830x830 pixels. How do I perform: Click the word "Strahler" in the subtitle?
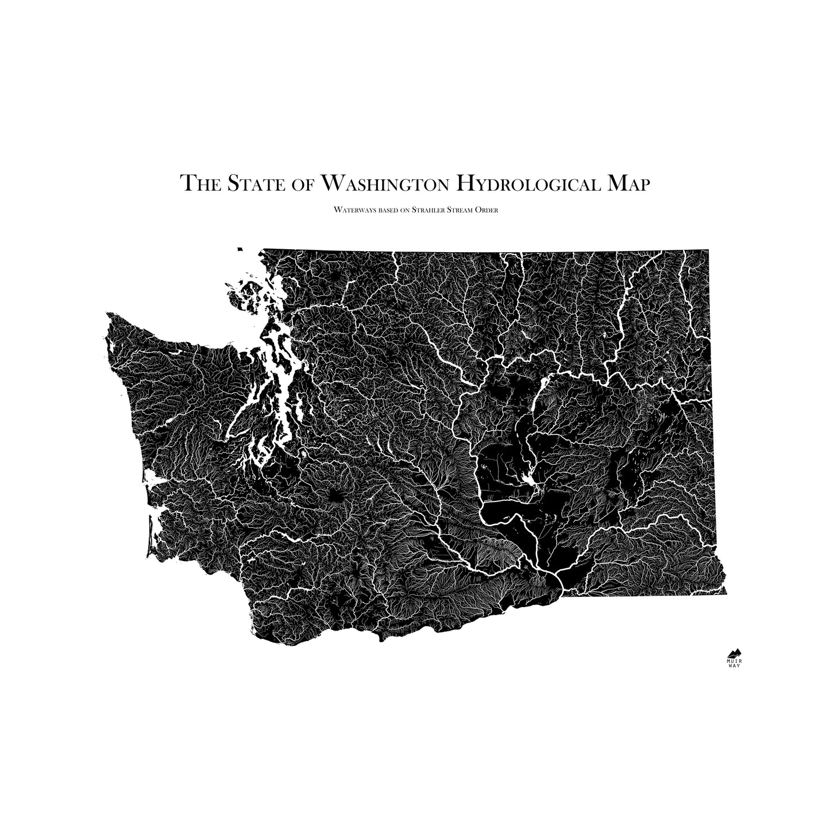pyautogui.click(x=428, y=210)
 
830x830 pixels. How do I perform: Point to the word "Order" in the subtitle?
pyautogui.click(x=487, y=210)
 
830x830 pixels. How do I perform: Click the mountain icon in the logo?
pyautogui.click(x=734, y=653)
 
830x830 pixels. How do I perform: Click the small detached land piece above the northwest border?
pyautogui.click(x=239, y=249)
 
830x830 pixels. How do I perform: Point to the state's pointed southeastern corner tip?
pyautogui.click(x=726, y=594)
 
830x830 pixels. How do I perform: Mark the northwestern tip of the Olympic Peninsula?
pyautogui.click(x=108, y=314)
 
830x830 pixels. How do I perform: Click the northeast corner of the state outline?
pyautogui.click(x=708, y=251)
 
